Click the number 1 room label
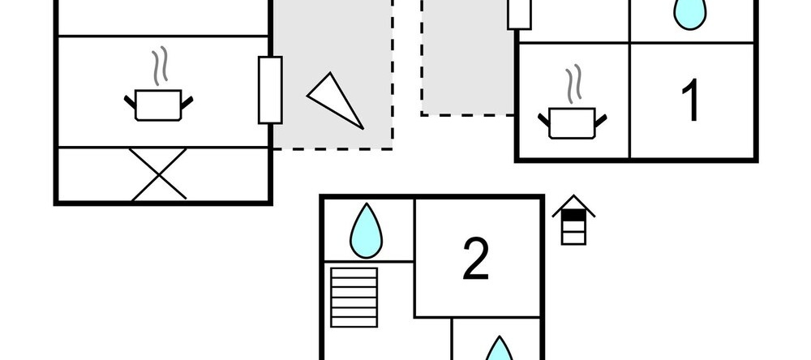tap(692, 100)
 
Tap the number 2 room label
tap(475, 259)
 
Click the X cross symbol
tap(158, 174)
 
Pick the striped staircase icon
tap(354, 298)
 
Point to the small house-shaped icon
tap(573, 220)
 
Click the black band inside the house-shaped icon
tap(573, 215)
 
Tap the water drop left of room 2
tap(367, 231)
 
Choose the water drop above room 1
tap(690, 14)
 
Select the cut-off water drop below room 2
tap(499, 349)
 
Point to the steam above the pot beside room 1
tap(573, 84)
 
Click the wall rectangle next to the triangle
tap(270, 90)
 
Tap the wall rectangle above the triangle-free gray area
tap(519, 15)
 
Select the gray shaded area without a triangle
tap(468, 58)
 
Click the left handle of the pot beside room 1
tap(543, 120)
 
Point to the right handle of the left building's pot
tap(187, 102)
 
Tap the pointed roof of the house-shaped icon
tap(573, 202)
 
